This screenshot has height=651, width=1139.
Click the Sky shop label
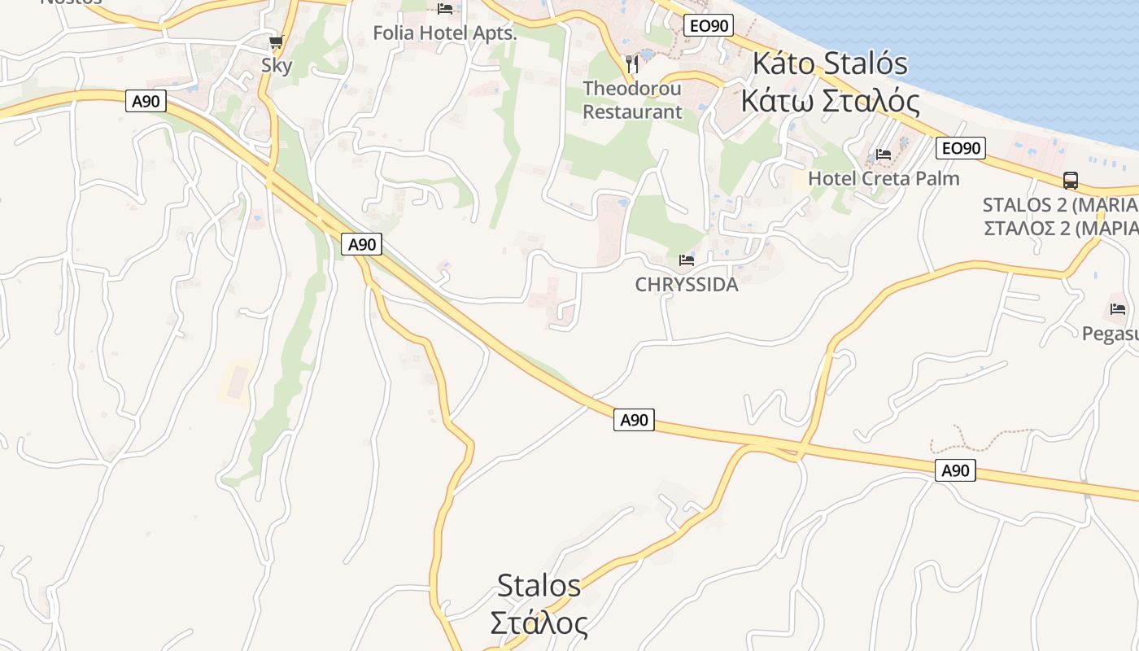[x=277, y=65]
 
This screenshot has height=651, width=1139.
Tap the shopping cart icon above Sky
[x=277, y=42]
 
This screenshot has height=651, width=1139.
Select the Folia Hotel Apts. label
[x=445, y=33]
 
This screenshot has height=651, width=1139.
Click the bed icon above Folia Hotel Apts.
[x=445, y=9]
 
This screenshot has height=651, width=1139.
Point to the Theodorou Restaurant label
[x=632, y=100]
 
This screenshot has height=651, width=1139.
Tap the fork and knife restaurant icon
[x=631, y=63]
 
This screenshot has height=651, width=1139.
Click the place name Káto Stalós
[x=830, y=63]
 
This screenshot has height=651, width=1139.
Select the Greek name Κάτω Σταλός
[x=830, y=102]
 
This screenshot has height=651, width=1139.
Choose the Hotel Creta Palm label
[x=884, y=178]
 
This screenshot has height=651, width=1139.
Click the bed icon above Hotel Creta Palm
[x=884, y=155]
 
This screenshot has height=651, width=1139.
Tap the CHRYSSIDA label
[x=687, y=285]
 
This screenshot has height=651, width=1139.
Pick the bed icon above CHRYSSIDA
[x=687, y=260]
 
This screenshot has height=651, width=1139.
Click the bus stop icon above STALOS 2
[x=1071, y=181]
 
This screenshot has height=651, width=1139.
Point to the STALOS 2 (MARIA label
[x=1059, y=204]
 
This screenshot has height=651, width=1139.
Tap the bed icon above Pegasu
[x=1118, y=309]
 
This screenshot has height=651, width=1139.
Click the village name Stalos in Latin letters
[x=539, y=585]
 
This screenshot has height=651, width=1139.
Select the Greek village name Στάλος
[x=539, y=624]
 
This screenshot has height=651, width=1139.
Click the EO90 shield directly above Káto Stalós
[x=708, y=26]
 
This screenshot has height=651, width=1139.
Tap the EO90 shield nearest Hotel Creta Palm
[x=961, y=148]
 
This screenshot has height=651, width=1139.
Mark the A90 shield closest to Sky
[x=146, y=101]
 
